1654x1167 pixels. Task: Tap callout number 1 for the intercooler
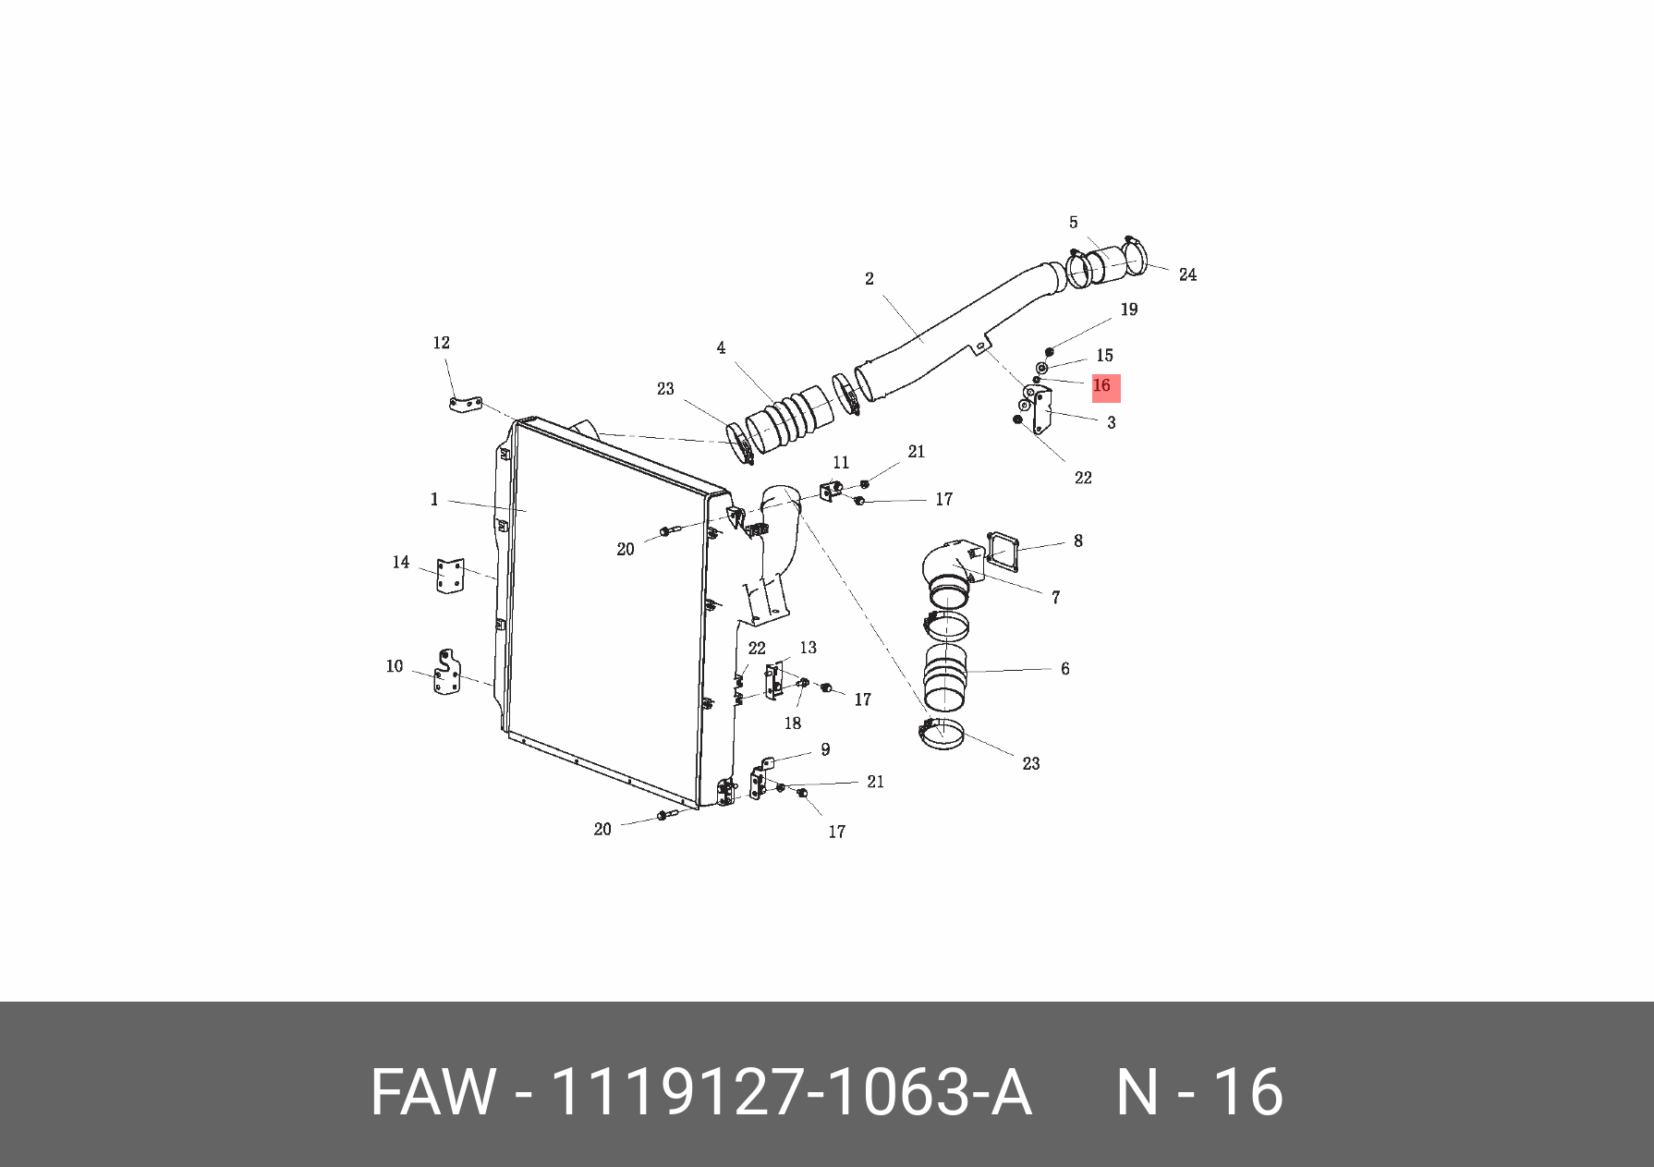434,500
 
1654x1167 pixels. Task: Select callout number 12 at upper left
442,343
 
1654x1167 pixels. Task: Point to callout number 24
1187,274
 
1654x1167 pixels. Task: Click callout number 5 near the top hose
1074,223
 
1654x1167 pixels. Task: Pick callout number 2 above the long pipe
870,278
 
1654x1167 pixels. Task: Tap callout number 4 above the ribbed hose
721,348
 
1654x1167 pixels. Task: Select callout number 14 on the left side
401,562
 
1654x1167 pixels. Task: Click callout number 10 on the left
395,666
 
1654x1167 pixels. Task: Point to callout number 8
1078,541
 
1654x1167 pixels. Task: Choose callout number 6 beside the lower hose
1065,668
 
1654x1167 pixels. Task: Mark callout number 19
1129,310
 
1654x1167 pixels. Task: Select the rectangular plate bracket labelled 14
450,577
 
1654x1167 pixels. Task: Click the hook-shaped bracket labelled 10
449,674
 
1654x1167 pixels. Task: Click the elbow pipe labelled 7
950,565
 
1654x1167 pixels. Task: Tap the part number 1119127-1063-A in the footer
790,1092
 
